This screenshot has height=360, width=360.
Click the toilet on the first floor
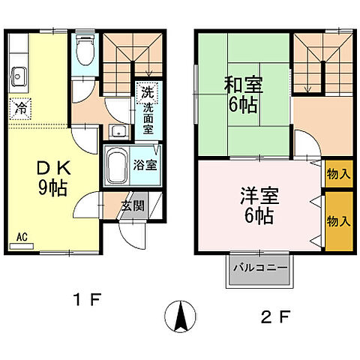pyautogui.click(x=85, y=53)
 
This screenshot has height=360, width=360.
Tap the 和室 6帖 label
pyautogui.click(x=242, y=93)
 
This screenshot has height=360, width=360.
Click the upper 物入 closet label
pyautogui.click(x=339, y=174)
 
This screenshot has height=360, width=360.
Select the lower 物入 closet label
pyautogui.click(x=339, y=221)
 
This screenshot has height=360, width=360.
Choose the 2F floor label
pyautogui.click(x=274, y=316)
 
